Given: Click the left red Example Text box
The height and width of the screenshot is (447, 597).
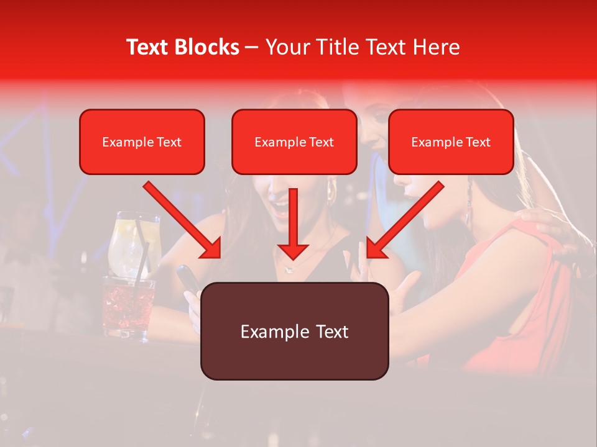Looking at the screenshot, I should [142, 142].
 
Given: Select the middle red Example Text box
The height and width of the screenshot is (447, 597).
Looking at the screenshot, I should [294, 142].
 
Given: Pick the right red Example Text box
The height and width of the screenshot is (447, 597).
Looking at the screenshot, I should [451, 142].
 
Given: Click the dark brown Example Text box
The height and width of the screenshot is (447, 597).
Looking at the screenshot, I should [294, 332].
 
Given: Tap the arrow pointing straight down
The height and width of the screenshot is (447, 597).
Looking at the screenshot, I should [293, 223].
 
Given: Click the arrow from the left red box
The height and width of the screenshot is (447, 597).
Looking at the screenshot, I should [183, 220].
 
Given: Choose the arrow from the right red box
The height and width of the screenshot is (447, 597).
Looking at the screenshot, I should [404, 220].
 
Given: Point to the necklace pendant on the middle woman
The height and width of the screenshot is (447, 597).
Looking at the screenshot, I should [287, 269].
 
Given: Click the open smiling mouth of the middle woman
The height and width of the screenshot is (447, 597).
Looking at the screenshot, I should [282, 208].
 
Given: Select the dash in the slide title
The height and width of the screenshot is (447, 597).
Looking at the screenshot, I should [252, 47].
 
